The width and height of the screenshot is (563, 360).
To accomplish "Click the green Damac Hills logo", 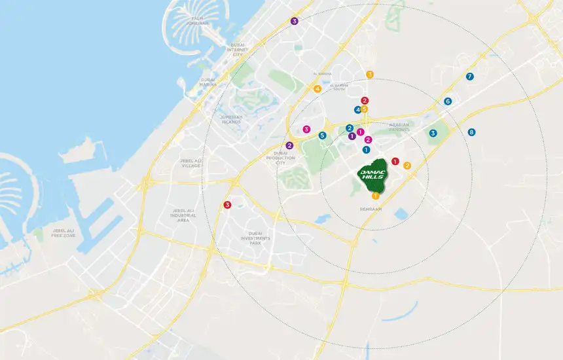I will (373, 175).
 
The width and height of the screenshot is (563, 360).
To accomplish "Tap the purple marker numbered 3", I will (295, 22).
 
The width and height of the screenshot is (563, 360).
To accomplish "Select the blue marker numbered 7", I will (469, 77).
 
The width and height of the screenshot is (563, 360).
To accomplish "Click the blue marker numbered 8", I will (472, 132).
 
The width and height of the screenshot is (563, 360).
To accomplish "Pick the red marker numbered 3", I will (227, 205).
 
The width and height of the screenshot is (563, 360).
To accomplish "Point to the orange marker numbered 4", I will (318, 89).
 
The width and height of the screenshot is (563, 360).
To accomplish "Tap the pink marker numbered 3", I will (306, 129).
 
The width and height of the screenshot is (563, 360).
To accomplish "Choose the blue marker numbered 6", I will (448, 101).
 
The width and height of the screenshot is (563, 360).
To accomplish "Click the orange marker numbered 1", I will (375, 195).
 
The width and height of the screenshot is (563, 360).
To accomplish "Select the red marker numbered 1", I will (395, 161).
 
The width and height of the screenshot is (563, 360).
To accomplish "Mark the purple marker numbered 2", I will (289, 145).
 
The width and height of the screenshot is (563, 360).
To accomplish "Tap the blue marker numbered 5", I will (322, 135).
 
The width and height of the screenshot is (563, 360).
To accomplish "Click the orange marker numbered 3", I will (370, 75).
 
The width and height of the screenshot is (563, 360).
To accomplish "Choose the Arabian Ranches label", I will (399, 126).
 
